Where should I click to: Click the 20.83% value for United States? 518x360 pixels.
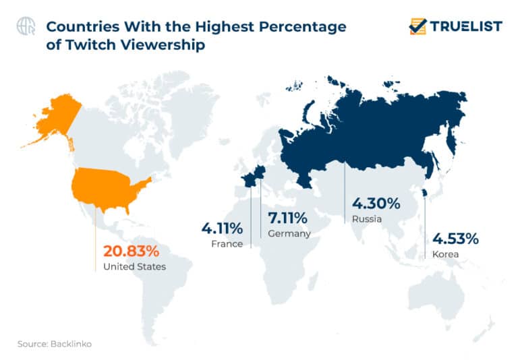[131, 251]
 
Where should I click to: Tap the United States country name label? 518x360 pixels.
[134, 267]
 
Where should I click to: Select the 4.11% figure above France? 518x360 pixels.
[222, 229]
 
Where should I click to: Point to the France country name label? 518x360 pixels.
[227, 244]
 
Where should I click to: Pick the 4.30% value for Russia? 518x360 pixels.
[376, 204]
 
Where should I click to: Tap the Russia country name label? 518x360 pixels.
[366, 219]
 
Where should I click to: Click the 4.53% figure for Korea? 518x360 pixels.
[455, 239]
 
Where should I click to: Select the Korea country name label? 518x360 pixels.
[445, 254]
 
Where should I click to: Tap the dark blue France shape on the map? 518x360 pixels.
[249, 179]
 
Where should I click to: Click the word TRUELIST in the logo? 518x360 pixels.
[467, 26]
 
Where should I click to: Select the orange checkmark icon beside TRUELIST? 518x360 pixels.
[418, 26]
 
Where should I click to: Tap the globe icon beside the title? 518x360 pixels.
[26, 26]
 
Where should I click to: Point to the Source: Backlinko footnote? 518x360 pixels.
[55, 344]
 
